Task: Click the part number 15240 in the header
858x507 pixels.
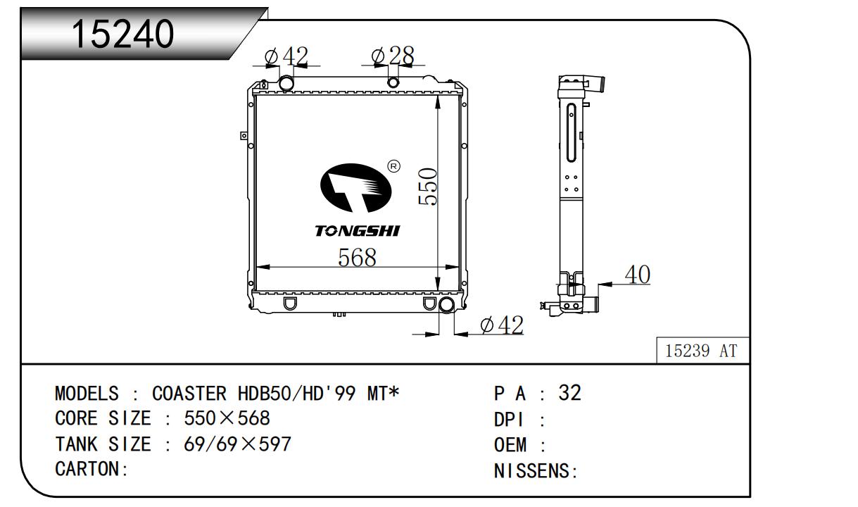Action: (122, 34)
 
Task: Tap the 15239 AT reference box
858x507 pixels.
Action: (702, 350)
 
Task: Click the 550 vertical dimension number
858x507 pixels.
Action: (427, 187)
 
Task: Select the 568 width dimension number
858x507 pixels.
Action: (357, 257)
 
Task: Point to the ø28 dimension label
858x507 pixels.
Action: (393, 56)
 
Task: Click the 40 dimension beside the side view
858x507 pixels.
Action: (638, 275)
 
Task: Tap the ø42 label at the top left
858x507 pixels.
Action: (286, 56)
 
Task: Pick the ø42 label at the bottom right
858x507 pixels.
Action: (502, 325)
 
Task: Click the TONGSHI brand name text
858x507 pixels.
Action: (358, 231)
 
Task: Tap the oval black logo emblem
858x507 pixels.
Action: (356, 187)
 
